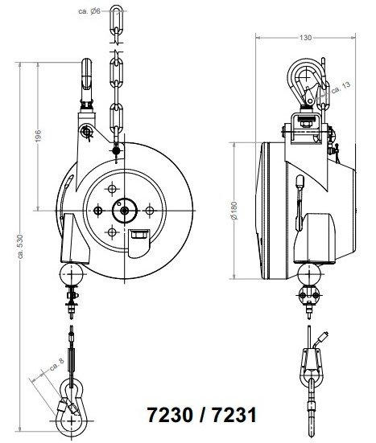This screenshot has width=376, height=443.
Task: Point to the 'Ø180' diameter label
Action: (234, 210)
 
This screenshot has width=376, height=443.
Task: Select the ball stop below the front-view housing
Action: (72, 275)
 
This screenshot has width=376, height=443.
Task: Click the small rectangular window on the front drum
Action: (138, 236)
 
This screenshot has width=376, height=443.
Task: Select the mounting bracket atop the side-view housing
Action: (307, 125)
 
